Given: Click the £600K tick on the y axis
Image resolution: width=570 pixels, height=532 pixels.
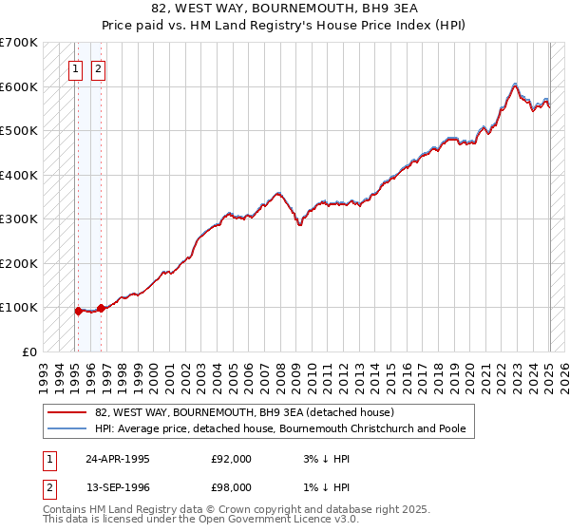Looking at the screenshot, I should pyautogui.click(x=19, y=86).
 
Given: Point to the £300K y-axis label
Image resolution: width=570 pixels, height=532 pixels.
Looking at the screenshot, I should pyautogui.click(x=19, y=218).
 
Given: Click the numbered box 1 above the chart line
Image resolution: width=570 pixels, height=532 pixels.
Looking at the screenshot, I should pyautogui.click(x=75, y=68).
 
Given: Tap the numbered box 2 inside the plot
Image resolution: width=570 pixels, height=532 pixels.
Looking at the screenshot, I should pyautogui.click(x=98, y=68).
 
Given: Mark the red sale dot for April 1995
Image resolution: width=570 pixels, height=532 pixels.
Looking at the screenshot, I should pyautogui.click(x=78, y=310).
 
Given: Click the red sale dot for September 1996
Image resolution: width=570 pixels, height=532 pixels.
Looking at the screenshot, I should pyautogui.click(x=100, y=308).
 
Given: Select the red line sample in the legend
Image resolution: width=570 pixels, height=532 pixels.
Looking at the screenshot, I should pyautogui.click(x=66, y=412).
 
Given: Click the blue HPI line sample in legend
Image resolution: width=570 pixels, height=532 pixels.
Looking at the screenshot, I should pyautogui.click(x=66, y=429).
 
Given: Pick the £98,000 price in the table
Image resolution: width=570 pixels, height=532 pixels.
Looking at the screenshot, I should pyautogui.click(x=231, y=486).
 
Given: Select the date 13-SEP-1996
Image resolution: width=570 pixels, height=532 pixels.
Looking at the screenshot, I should pyautogui.click(x=117, y=486).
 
